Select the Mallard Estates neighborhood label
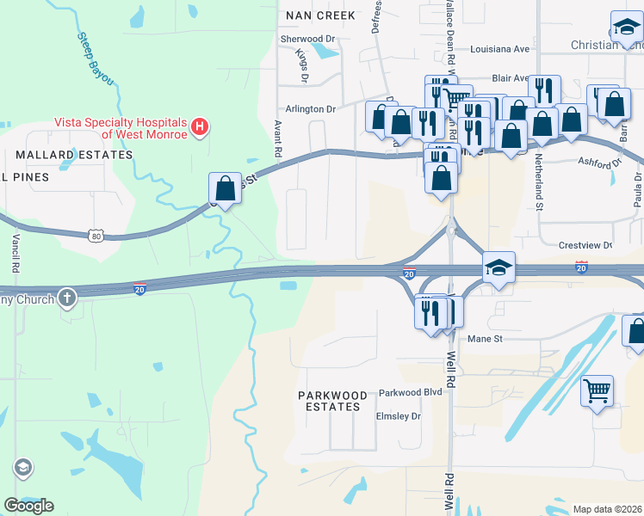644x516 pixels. [74, 155]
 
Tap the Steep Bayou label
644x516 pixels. [95, 58]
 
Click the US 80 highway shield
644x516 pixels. [96, 235]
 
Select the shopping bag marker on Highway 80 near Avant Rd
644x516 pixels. [225, 188]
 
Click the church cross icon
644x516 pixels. [68, 298]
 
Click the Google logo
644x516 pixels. [28, 505]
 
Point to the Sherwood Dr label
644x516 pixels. [307, 39]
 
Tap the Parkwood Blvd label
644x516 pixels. [410, 392]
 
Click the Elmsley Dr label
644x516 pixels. [399, 416]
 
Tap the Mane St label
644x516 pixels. [484, 339]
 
